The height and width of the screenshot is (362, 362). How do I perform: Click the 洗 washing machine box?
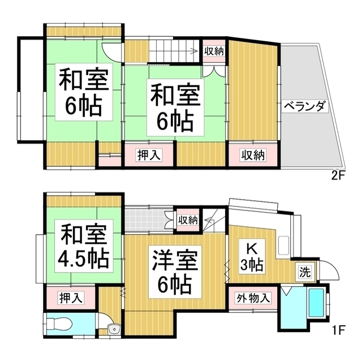(x=305, y=271)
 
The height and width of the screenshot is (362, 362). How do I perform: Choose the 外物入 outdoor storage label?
(x=253, y=298)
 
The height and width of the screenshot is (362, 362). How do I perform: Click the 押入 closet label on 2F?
(x=149, y=154)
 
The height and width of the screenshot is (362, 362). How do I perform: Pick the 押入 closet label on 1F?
(x=71, y=296)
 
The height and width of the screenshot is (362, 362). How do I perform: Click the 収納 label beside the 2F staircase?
(x=213, y=51)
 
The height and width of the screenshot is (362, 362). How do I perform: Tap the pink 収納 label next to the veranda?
(x=252, y=154)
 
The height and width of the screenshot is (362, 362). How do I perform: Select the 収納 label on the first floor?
(x=187, y=219)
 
